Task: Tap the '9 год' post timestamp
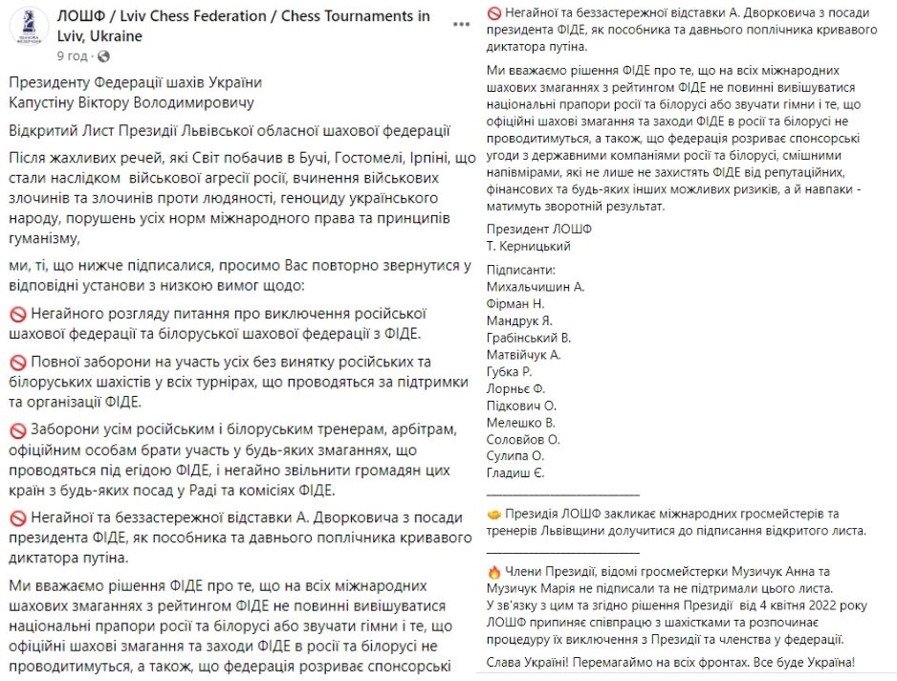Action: click(x=71, y=57)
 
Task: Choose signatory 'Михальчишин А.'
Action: click(x=535, y=287)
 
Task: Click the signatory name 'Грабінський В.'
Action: click(x=529, y=338)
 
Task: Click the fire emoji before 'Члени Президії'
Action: click(x=494, y=571)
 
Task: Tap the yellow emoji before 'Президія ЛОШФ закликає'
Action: click(x=494, y=514)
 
